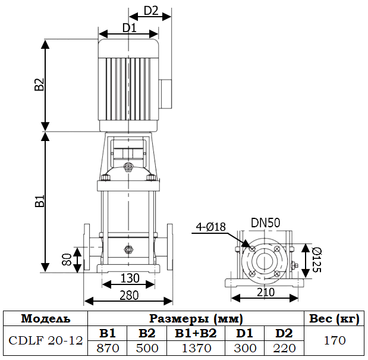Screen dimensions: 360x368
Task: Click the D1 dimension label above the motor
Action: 129,27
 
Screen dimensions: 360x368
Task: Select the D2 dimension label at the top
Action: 151,10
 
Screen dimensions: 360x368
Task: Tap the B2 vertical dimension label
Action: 39,85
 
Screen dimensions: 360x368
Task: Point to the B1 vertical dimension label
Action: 39,201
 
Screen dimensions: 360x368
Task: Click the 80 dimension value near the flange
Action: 67,259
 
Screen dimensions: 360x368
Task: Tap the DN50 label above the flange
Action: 265,223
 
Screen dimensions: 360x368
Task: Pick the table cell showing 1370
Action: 191,348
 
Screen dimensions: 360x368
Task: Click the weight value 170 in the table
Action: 334,341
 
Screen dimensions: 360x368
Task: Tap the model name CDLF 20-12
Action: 46,341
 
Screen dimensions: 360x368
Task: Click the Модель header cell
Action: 46,318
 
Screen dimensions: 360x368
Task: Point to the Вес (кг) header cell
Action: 334,318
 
